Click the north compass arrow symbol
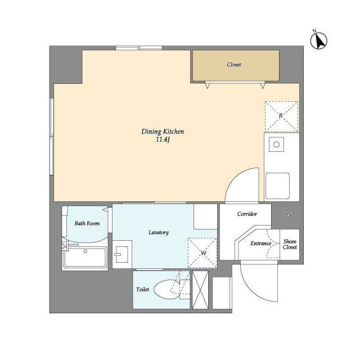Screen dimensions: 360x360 319,40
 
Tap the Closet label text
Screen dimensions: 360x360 234,65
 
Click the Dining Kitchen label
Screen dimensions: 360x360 163,132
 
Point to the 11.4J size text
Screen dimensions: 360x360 163,139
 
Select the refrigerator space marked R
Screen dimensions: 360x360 281,116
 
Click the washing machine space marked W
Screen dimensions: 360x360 202,253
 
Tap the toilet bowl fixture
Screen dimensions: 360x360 166,289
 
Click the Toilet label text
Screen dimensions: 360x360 142,289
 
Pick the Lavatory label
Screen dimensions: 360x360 159,232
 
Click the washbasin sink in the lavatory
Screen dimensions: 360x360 122,254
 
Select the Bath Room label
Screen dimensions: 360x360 87,223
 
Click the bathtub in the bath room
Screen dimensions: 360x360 85,257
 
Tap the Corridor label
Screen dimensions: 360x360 247,214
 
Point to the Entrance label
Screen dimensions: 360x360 261,244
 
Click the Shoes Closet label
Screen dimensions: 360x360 290,244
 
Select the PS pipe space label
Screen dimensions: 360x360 287,215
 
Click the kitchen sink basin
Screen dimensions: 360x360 277,186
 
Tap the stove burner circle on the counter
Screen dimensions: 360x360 276,145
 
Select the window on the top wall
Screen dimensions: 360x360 139,48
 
